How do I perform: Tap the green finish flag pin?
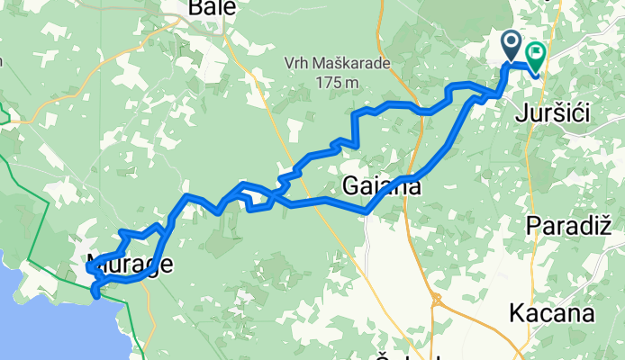click(536, 56)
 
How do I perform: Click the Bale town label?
click(213, 9)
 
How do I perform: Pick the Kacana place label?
click(551, 314)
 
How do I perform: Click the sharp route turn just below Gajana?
click(367, 211)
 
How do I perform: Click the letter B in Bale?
click(195, 9)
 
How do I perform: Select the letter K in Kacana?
click(516, 314)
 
